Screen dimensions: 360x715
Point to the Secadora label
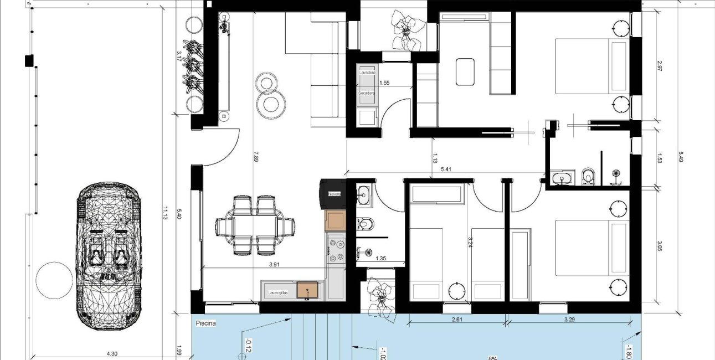click(x=367, y=93)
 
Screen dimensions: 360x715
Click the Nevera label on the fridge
click(x=334, y=194)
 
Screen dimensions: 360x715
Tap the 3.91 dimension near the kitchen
click(x=274, y=265)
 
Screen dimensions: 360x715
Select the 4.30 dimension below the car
click(x=112, y=353)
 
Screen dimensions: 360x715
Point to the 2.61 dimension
click(x=457, y=320)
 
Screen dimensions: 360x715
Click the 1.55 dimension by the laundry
click(x=384, y=83)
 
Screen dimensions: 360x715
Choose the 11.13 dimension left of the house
click(x=165, y=213)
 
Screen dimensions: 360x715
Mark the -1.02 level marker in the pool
click(x=382, y=353)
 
